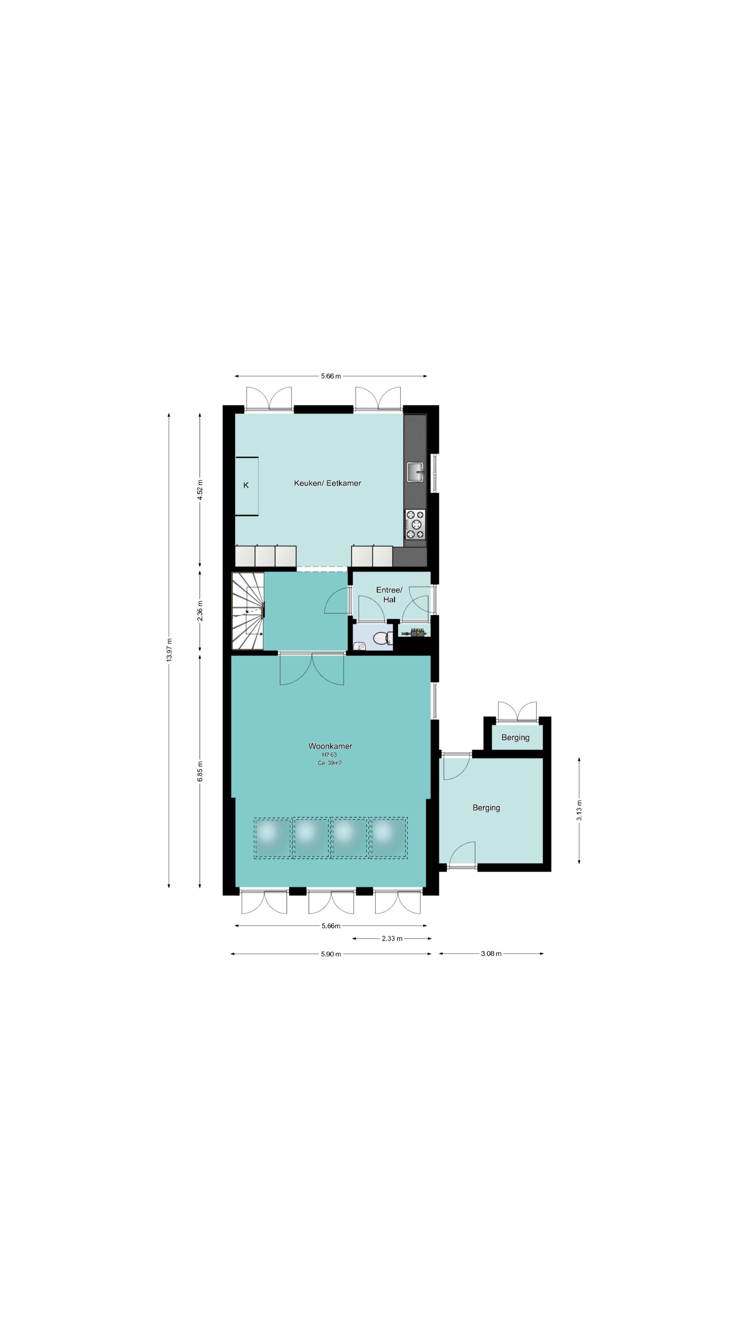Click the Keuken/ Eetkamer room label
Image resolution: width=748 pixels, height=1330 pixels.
(327, 483)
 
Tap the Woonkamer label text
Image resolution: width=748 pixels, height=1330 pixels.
(330, 746)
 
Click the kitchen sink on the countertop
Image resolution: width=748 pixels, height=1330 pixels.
(415, 472)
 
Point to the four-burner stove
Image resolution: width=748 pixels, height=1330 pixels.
(415, 524)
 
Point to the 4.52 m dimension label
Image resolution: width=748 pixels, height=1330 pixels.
(200, 489)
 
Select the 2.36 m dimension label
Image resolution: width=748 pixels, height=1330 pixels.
(200, 611)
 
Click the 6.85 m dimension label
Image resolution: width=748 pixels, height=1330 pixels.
(200, 771)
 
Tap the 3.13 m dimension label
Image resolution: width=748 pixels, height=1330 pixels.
(579, 810)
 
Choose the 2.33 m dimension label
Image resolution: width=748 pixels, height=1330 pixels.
(392, 938)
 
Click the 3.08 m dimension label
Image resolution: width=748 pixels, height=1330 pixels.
(491, 954)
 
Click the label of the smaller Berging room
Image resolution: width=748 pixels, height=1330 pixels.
(515, 737)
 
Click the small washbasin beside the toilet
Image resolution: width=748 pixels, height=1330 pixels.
(359, 645)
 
